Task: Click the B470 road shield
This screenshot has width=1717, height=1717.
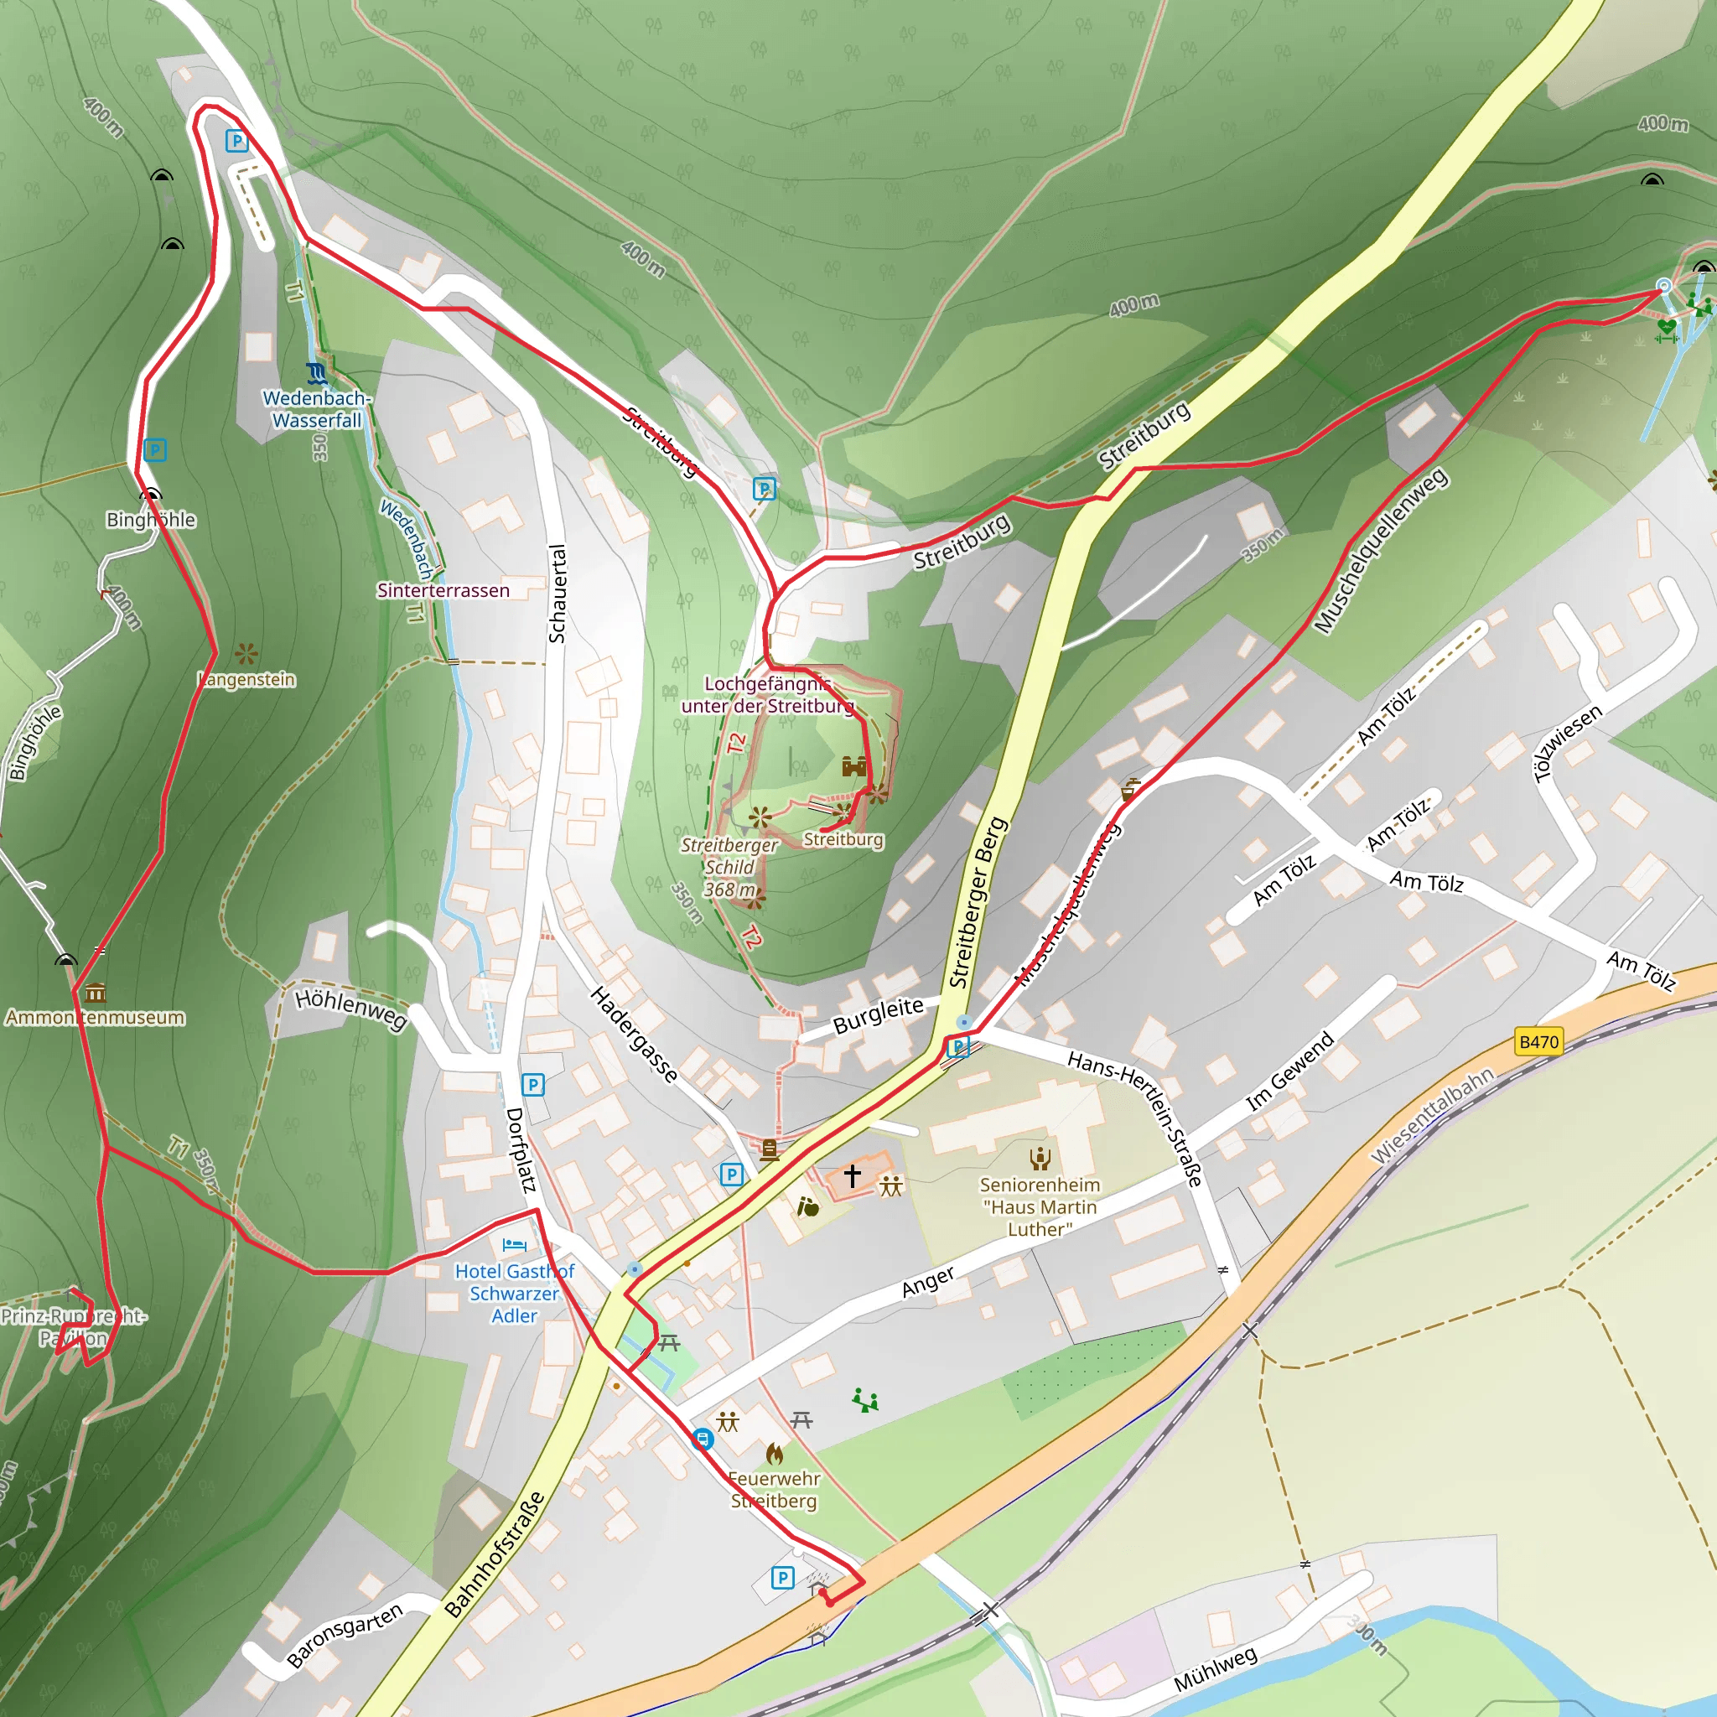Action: pos(1538,1041)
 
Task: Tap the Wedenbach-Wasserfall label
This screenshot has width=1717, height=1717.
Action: pos(316,410)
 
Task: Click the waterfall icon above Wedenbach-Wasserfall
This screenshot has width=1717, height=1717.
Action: pos(316,371)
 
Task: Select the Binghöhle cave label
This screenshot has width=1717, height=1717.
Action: pos(150,520)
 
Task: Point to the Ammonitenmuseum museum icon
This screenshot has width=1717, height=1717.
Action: pos(96,993)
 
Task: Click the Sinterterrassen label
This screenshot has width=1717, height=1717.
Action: pos(444,591)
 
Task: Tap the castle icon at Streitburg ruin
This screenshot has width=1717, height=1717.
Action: pos(854,766)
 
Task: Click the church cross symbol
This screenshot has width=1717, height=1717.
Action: pos(853,1175)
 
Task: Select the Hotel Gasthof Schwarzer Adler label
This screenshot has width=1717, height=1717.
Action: pos(515,1294)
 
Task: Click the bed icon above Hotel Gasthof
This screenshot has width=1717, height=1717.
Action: pos(515,1245)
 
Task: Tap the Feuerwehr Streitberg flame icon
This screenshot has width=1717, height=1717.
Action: pos(774,1453)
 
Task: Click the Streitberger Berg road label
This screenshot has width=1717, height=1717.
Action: pos(978,902)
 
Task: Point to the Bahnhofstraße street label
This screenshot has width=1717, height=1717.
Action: pos(494,1554)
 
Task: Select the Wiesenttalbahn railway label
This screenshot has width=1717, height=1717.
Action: pos(1432,1115)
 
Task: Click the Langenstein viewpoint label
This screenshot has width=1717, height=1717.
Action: pos(247,680)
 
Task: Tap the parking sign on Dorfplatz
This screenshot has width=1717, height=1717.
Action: pos(532,1084)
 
